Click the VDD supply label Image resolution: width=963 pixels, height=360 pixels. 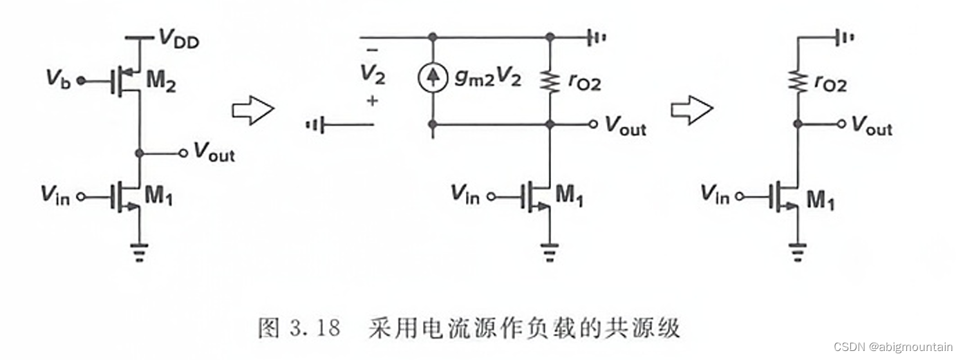178,39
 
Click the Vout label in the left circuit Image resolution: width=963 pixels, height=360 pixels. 214,152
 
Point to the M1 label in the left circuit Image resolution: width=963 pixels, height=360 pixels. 159,198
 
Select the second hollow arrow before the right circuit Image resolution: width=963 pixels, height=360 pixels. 691,110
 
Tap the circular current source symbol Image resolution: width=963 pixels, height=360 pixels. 433,79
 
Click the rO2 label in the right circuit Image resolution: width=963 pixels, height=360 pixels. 830,84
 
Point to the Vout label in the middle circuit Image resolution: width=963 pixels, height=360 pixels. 626,126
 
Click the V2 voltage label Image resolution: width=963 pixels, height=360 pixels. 373,73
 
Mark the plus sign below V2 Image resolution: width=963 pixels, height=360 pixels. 373,101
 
